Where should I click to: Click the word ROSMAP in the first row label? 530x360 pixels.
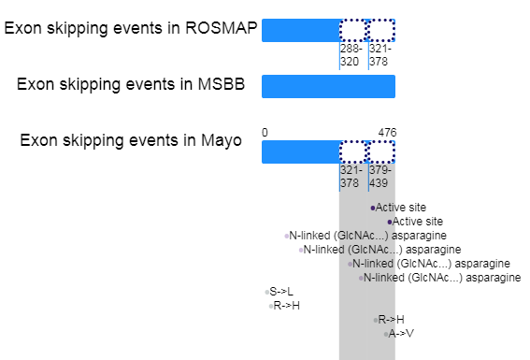tap(221, 28)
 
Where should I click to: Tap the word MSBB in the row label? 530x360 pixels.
tap(221, 84)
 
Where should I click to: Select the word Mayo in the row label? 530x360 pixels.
tap(221, 140)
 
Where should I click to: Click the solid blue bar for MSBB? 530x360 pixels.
tap(328, 87)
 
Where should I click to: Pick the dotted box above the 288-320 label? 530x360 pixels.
tap(353, 31)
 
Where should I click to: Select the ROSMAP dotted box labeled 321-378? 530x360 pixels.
tap(381, 31)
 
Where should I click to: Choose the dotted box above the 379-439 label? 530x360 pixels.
tap(381, 152)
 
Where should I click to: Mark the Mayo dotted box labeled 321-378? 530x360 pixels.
tap(353, 152)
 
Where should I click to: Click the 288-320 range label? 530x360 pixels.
tap(351, 55)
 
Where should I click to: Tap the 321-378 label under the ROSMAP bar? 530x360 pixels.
tap(380, 55)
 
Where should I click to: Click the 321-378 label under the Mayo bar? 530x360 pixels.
tap(351, 177)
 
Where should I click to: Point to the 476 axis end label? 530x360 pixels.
tap(387, 133)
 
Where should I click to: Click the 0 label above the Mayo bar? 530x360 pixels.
tap(265, 133)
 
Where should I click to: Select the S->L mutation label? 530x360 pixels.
tap(281, 292)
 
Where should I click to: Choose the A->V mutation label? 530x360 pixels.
tap(401, 334)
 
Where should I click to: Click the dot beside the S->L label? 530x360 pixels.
tap(267, 292)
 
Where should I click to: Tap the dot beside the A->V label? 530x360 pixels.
tap(386, 335)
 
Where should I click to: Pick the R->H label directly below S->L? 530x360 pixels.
tap(286, 306)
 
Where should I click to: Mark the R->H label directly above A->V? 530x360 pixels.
tap(391, 320)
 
